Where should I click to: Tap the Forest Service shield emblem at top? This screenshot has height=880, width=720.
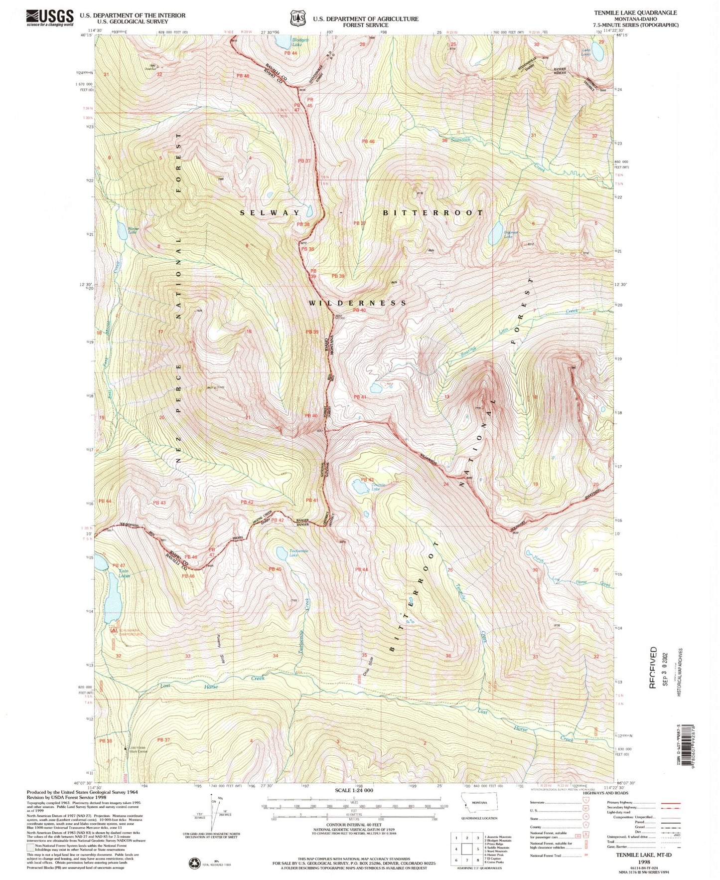pos(297,18)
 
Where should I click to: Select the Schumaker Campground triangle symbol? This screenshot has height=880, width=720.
pos(114,630)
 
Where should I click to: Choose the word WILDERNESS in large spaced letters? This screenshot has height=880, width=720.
pos(357,303)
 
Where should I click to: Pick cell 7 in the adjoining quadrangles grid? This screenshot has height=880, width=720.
pos(467,860)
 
